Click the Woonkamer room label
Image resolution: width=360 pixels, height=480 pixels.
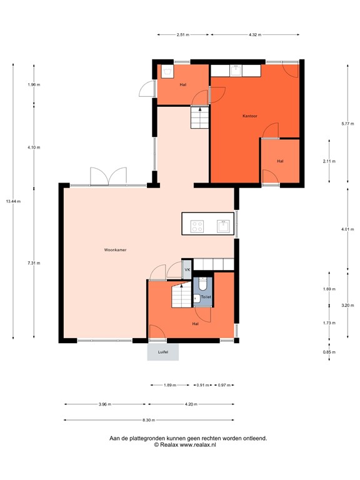[116, 249]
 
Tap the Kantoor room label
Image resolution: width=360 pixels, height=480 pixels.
[251, 116]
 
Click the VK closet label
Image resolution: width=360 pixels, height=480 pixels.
[186, 269]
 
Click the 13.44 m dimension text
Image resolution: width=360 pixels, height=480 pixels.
[13, 201]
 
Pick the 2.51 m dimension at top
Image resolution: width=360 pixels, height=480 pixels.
[182, 34]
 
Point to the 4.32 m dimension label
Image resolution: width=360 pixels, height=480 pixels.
[254, 34]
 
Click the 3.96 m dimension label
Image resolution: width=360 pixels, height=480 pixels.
[104, 404]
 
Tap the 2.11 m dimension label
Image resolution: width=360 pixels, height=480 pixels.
[329, 161]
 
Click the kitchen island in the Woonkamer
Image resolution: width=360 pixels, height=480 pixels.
[209, 224]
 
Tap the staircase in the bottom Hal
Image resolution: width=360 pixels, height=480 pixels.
[181, 295]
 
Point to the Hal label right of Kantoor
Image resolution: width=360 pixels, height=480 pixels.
[280, 161]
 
